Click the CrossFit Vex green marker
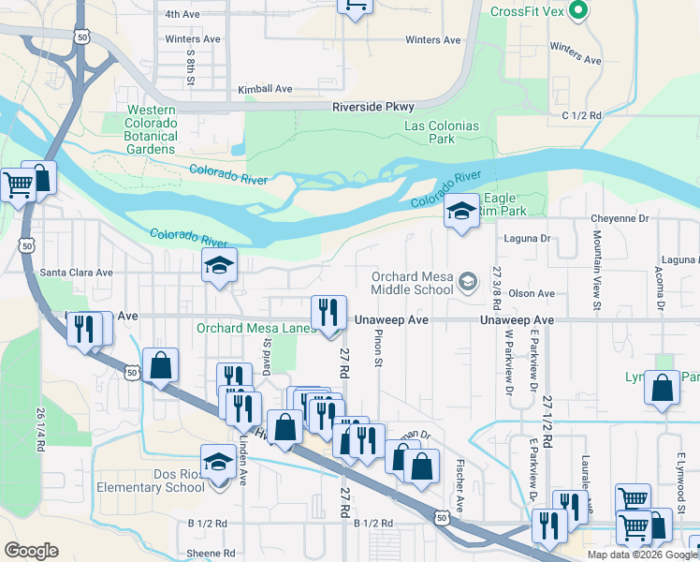click(578, 12)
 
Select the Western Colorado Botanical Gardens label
click(153, 130)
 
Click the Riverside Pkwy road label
click(373, 108)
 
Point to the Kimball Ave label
click(265, 89)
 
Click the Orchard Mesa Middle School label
click(413, 283)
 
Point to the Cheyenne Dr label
click(620, 218)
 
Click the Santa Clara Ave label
click(76, 273)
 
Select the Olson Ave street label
click(532, 293)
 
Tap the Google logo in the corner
click(31, 550)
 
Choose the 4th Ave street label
click(182, 14)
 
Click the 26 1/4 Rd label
click(40, 430)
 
